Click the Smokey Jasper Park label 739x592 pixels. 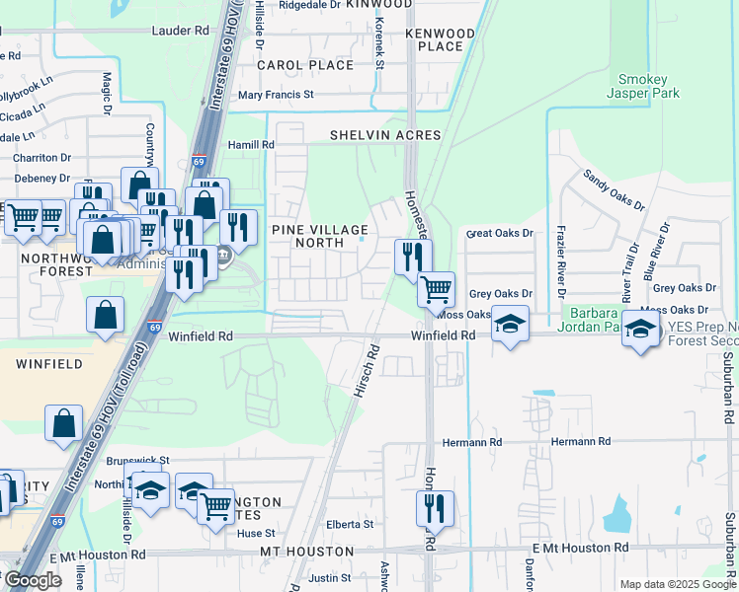tap(648, 86)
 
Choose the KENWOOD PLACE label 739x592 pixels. tap(440, 39)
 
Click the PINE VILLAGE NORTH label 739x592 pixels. tap(321, 236)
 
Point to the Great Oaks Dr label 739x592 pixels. tap(499, 234)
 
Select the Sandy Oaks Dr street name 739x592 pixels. tap(614, 189)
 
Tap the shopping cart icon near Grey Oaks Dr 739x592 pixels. tap(436, 289)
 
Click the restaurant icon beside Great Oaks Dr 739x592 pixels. tap(413, 257)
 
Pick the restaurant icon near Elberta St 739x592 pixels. tap(435, 508)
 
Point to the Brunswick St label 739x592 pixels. tap(137, 460)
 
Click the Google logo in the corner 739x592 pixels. tap(32, 580)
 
